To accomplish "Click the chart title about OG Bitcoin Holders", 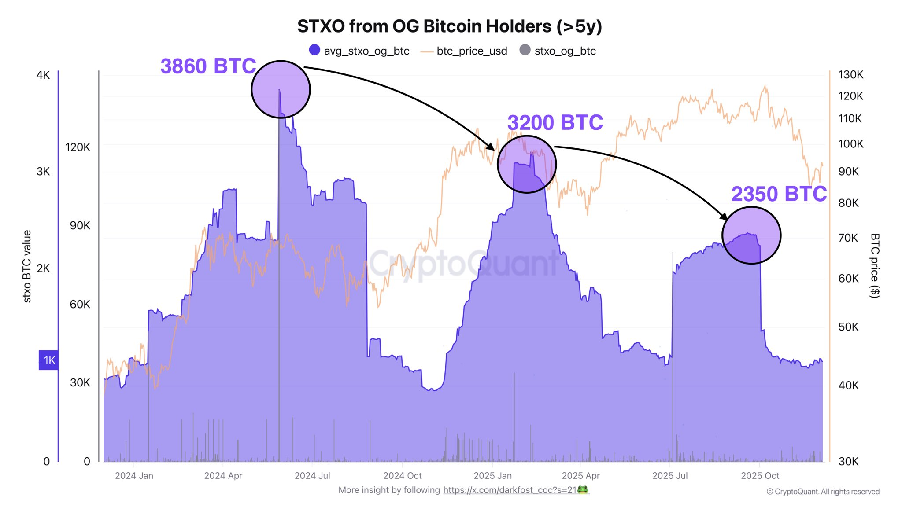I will click(x=449, y=26).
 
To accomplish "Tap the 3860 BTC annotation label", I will click(x=208, y=66).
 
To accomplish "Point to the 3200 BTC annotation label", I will click(x=555, y=123).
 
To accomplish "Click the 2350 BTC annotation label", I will click(x=779, y=194).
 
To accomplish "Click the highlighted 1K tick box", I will click(x=48, y=360).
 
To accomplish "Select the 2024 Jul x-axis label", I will click(x=312, y=476).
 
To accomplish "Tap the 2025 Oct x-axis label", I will click(x=760, y=476).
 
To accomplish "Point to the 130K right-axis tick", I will click(x=850, y=75).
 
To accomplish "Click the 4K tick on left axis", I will click(x=43, y=75).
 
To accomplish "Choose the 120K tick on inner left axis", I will click(x=78, y=147).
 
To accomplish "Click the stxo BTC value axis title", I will click(x=27, y=266).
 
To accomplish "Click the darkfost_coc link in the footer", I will click(x=510, y=490).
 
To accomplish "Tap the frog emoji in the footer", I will click(x=583, y=490).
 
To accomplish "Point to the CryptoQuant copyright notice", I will click(x=823, y=492).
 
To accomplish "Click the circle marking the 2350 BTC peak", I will click(x=751, y=235).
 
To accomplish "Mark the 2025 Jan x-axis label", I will click(x=492, y=476).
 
